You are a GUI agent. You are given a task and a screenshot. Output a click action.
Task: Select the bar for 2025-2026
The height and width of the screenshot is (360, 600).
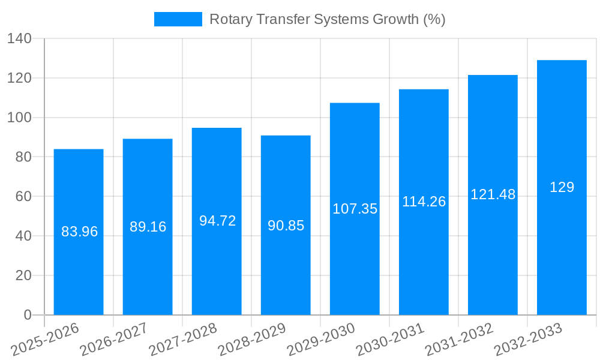coord(79,264)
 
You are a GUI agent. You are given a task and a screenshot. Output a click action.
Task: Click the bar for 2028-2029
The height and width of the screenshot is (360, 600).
coord(286,264)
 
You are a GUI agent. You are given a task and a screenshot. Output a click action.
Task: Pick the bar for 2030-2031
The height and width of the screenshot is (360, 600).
coord(424,258)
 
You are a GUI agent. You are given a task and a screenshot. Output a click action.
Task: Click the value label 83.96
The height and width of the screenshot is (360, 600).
coord(79,232)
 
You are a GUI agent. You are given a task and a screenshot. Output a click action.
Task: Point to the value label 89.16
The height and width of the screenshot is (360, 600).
coord(148,227)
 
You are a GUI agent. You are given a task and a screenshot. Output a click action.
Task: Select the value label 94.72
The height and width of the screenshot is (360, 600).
coord(217,221)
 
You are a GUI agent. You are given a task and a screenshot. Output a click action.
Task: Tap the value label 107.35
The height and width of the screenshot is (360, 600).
coord(355,209)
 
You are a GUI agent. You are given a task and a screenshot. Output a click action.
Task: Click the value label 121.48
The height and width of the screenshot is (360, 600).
coord(493,194)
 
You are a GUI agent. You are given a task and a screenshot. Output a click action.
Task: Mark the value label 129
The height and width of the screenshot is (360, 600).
coord(562,187)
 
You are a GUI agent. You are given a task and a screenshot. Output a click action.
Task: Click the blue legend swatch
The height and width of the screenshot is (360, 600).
coord(178,19)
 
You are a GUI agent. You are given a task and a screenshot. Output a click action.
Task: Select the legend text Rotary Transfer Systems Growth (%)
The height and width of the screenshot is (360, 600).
coord(327,19)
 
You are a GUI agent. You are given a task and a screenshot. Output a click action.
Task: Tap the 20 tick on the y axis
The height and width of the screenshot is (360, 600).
coord(23,275)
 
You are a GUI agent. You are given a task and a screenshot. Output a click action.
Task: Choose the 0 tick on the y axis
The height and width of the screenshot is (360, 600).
coord(27,315)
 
